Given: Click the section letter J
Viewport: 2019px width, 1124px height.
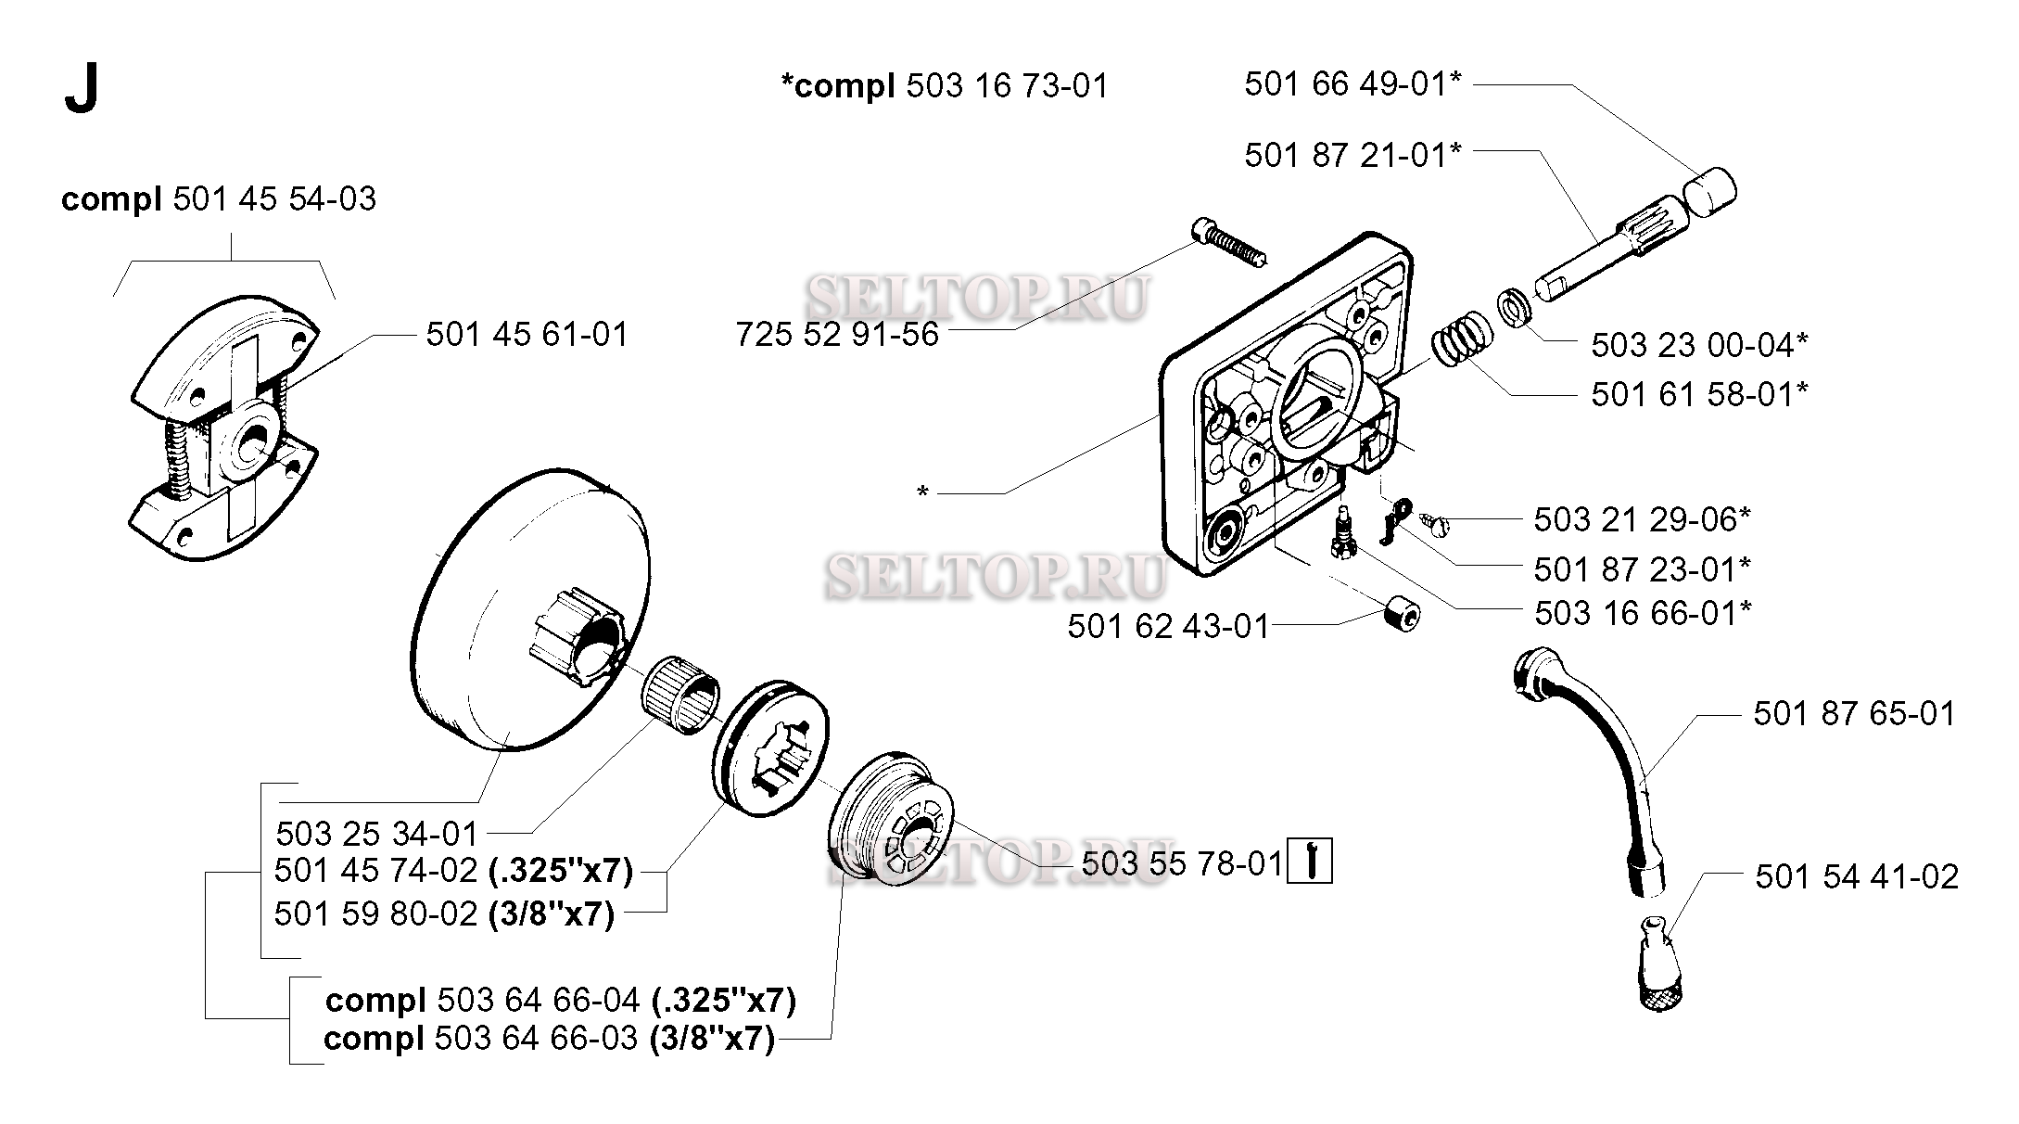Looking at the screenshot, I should [x=82, y=91].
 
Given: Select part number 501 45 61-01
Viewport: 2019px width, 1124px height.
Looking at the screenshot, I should [x=527, y=335].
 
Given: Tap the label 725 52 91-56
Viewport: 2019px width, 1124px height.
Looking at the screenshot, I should [x=837, y=335].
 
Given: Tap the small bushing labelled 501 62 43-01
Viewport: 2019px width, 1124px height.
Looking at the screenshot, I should [x=1401, y=614].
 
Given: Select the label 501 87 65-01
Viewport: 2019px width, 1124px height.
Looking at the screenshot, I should [x=1854, y=714].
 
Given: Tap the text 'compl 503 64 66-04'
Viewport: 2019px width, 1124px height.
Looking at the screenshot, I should [x=482, y=1001].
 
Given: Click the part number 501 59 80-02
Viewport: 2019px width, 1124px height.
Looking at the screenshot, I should [x=376, y=913].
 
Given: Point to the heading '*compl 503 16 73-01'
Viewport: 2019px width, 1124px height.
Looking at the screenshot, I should [x=945, y=86].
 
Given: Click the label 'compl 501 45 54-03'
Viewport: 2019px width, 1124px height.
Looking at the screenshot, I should [x=219, y=199].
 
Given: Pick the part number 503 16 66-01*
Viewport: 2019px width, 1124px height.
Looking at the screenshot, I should [x=1643, y=613].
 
